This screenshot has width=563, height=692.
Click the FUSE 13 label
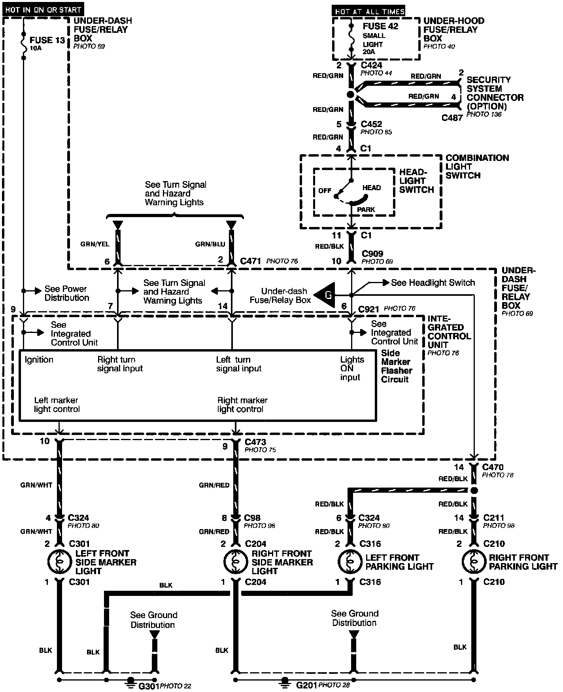(x=47, y=40)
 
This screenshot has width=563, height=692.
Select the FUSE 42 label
(x=380, y=26)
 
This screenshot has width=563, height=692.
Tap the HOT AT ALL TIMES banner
(x=369, y=11)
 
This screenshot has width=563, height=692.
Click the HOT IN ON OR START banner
(x=43, y=10)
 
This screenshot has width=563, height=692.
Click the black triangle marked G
(x=326, y=295)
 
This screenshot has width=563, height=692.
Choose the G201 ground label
(x=306, y=684)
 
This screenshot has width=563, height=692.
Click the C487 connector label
(x=452, y=117)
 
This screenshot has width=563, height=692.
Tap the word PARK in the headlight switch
(x=366, y=210)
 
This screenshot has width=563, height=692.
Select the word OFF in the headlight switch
(x=325, y=191)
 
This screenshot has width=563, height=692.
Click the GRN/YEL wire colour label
(x=95, y=244)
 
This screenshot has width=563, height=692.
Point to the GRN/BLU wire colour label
(x=210, y=244)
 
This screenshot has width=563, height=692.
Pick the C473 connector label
(x=255, y=442)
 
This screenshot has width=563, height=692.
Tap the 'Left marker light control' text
(x=57, y=405)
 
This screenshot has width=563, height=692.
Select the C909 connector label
(x=372, y=254)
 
